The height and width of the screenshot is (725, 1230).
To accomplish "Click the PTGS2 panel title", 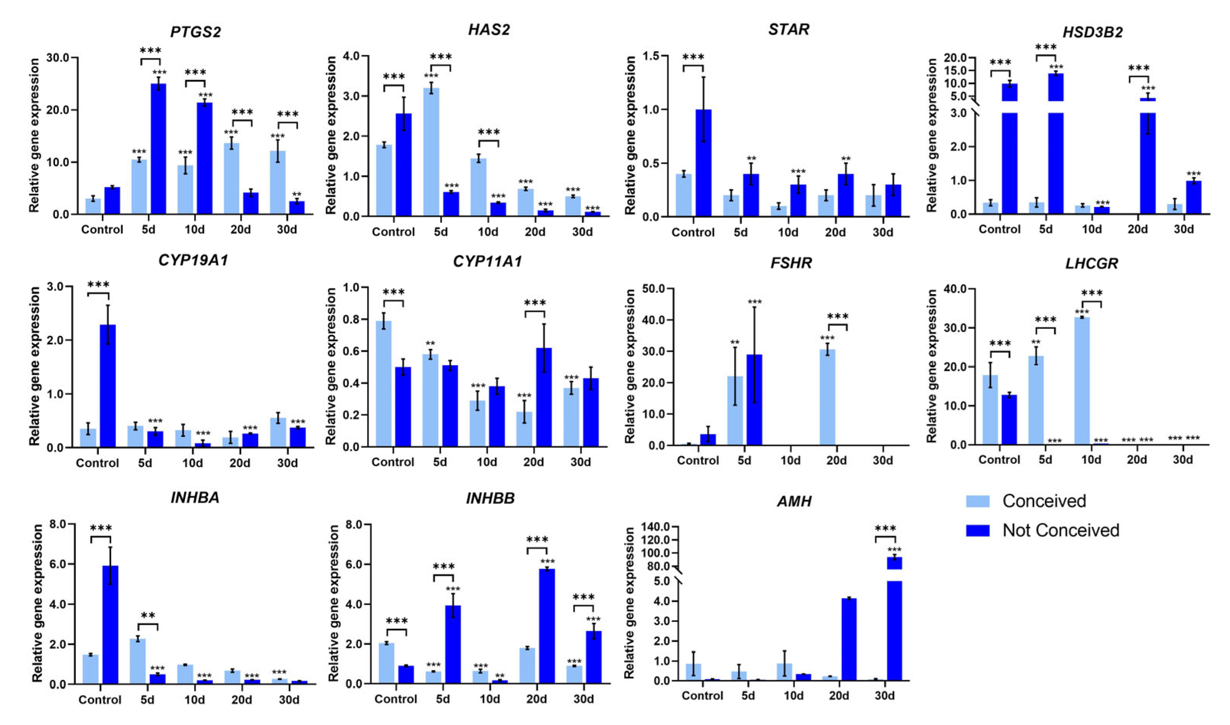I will (x=195, y=32).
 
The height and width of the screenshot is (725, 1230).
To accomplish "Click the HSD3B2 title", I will (x=1092, y=32).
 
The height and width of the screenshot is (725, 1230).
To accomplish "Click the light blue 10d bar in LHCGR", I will (x=1082, y=381).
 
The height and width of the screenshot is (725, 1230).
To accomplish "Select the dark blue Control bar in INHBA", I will (x=110, y=625).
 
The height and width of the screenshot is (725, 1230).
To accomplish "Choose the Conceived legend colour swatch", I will (x=977, y=501).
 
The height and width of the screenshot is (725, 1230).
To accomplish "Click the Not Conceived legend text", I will (x=1060, y=530).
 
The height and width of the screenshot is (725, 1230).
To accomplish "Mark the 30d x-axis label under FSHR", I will (x=882, y=461).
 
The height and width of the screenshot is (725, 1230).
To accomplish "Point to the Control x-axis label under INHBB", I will (x=396, y=699).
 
